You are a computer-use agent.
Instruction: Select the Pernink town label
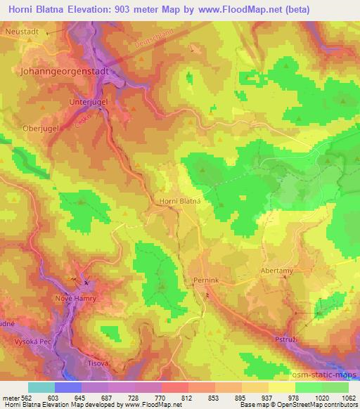[207, 279]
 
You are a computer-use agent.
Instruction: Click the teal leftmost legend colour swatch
[41, 387]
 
